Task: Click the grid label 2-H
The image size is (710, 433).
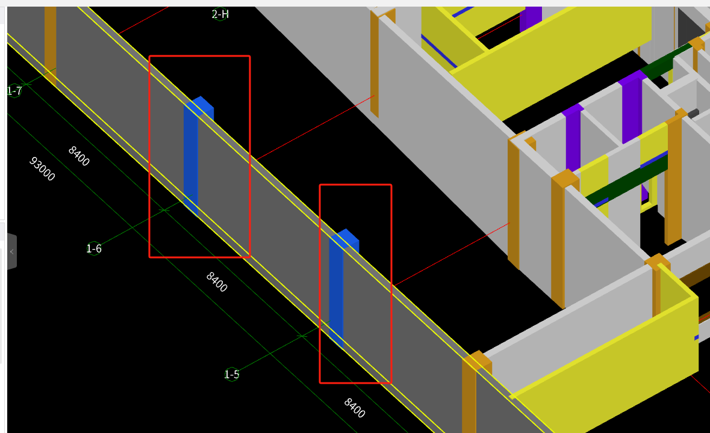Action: coord(220,14)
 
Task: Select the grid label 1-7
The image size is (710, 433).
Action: coord(14,91)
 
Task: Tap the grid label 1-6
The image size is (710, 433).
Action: coord(94,248)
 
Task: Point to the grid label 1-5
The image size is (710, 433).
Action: coord(231,374)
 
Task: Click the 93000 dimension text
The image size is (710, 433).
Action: coord(42,168)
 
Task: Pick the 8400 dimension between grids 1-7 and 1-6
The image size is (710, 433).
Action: coord(79,156)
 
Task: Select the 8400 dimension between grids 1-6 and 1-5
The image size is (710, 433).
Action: coord(216,281)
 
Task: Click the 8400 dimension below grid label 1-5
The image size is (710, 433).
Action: coord(355,408)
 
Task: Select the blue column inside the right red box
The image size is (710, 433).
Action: coord(336,289)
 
